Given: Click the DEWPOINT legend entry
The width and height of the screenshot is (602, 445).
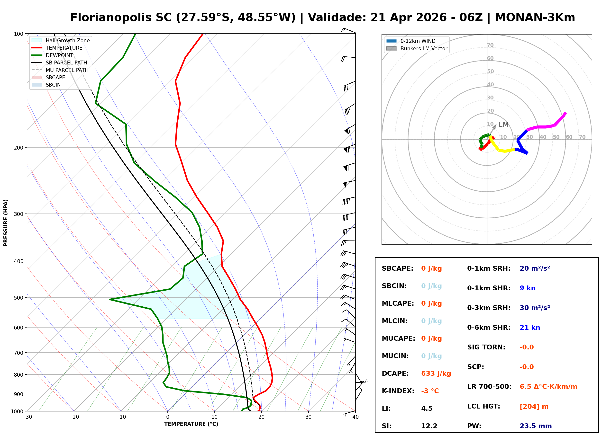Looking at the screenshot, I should tap(59, 55).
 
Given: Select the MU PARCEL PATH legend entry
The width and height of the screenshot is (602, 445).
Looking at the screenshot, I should tap(67, 70).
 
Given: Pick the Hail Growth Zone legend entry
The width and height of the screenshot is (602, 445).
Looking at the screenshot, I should tap(67, 40).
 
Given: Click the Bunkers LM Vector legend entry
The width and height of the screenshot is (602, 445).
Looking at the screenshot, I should tap(424, 48).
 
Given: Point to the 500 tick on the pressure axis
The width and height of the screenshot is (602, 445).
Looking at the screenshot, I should tap(18, 298).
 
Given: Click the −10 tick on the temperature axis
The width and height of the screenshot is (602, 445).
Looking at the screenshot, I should tap(120, 417).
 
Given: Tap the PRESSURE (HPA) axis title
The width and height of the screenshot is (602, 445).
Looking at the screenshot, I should tap(6, 222).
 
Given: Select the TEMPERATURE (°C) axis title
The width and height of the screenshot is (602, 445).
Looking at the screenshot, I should tap(191, 424).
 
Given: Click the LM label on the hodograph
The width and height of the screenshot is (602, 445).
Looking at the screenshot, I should tap(503, 125).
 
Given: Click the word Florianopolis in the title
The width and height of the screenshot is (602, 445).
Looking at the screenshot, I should tap(121, 18).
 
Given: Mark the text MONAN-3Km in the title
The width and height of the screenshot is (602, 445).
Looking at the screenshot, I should tap(535, 18).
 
